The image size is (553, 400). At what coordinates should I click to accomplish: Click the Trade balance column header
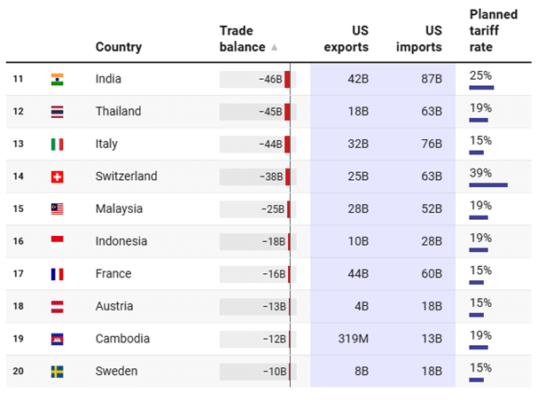point(242,38)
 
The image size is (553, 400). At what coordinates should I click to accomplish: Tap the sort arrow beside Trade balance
point(274,47)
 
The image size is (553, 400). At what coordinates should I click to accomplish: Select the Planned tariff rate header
point(493,31)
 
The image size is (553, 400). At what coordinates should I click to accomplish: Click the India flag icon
point(58,79)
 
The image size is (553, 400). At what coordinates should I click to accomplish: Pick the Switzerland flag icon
point(58,176)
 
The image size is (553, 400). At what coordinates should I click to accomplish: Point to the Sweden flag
point(58,372)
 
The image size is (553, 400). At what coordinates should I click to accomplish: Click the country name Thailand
point(118,112)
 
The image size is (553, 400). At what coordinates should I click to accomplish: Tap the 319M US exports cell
point(352,339)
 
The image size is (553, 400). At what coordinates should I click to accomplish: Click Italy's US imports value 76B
point(431,144)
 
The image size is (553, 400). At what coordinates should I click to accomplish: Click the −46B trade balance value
point(270,79)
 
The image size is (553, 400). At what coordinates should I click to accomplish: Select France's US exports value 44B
point(357,274)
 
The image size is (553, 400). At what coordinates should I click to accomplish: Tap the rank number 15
point(18,209)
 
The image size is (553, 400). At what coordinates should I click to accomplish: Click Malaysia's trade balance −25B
point(272,209)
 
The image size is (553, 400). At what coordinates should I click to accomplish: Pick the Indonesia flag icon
point(58,241)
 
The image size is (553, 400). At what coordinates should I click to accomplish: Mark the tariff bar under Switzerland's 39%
point(488,184)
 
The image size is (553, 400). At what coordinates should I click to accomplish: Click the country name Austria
point(114,306)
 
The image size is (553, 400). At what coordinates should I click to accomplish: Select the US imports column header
point(420,38)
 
